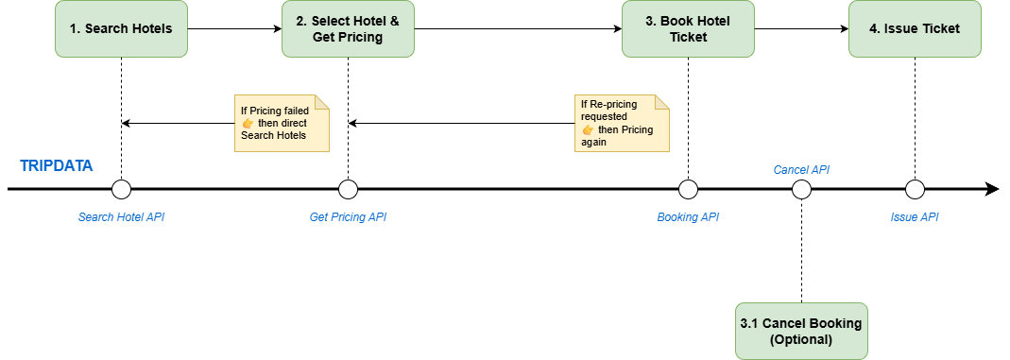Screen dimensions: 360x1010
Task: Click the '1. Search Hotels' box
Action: (121, 28)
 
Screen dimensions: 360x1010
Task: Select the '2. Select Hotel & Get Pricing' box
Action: (348, 28)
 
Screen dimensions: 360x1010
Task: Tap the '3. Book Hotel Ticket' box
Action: (688, 28)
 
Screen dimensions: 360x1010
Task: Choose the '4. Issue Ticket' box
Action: (915, 28)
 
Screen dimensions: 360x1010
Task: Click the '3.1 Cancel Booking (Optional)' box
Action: (801, 331)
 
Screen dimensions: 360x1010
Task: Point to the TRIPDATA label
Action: (57, 166)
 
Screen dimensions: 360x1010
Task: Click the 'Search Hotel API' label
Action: (121, 217)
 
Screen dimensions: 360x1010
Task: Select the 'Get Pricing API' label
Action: (348, 217)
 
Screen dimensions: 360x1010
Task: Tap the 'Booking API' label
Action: (688, 217)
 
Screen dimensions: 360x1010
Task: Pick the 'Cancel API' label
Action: (801, 170)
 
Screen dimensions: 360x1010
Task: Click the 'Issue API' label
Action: (915, 217)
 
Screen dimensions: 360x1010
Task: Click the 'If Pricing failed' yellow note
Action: (282, 124)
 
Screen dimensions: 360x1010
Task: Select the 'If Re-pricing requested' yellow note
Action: (622, 124)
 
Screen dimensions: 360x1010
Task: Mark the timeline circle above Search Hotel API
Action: (121, 189)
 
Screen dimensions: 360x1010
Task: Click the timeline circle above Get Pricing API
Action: (348, 189)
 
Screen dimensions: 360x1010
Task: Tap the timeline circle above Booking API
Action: (688, 189)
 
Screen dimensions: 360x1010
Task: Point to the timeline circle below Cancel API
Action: (801, 189)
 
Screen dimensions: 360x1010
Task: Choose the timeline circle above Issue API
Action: (915, 189)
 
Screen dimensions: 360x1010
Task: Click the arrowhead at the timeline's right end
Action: (992, 189)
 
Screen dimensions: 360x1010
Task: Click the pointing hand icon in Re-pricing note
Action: (588, 129)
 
